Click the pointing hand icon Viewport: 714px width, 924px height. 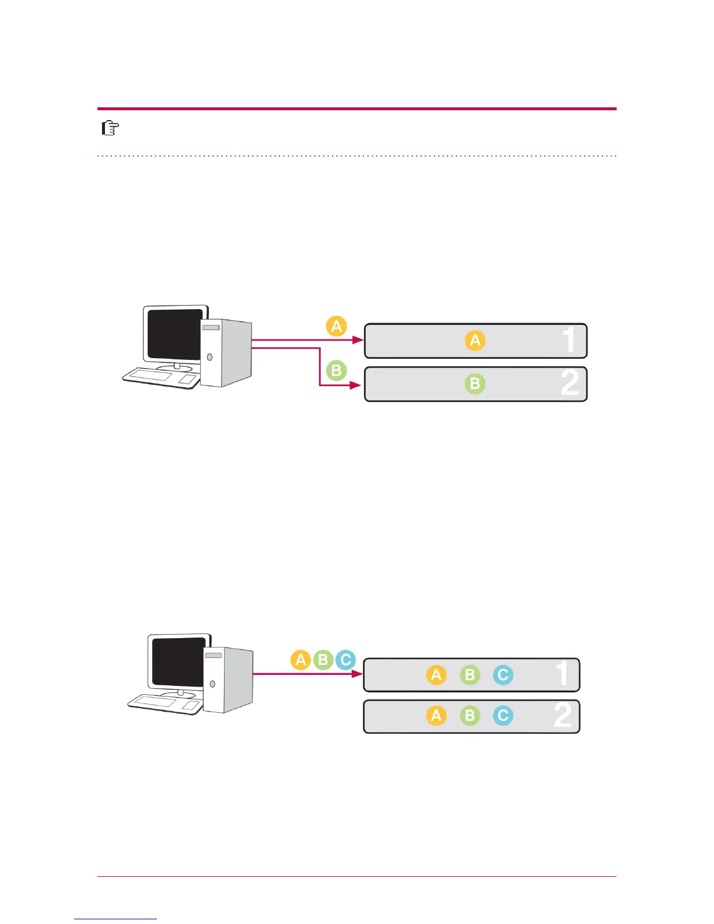click(110, 128)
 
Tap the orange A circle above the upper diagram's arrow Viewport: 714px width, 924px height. click(337, 326)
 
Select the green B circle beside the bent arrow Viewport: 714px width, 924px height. click(336, 370)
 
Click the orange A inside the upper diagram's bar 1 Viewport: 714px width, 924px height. click(475, 340)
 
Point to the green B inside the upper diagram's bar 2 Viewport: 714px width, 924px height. click(475, 384)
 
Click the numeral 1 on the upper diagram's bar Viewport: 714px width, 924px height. click(569, 340)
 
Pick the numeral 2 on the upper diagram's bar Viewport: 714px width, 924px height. click(570, 383)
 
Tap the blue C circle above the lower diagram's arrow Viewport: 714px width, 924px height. click(345, 660)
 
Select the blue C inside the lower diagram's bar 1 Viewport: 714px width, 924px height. click(503, 675)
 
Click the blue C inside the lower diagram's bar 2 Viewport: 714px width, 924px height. click(503, 716)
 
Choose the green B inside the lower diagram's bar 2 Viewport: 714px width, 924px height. click(470, 716)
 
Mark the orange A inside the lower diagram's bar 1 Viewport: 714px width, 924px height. click(436, 675)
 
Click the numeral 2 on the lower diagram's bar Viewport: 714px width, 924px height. click(563, 715)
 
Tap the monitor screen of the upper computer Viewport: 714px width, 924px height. click(175, 334)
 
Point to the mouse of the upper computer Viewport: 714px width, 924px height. click(188, 380)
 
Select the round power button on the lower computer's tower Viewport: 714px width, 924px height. click(212, 684)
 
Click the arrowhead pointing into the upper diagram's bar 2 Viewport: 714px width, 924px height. click(355, 385)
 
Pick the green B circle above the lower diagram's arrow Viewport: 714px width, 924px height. click(323, 660)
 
